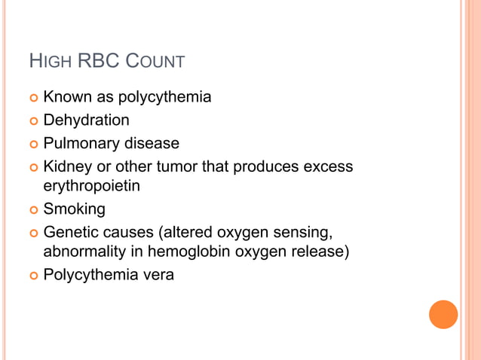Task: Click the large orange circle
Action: tap(443, 314)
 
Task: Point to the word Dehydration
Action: tap(86, 120)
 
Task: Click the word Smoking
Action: tap(74, 209)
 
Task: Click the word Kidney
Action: tap(66, 165)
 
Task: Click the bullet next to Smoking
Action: tap(32, 209)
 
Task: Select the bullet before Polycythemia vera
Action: tap(32, 276)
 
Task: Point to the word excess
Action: tap(328, 165)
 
